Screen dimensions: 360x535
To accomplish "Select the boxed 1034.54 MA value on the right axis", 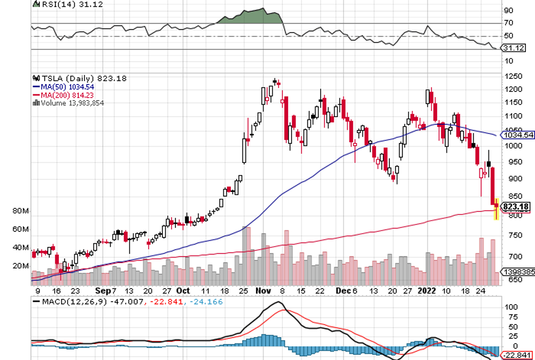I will pyautogui.click(x=518, y=135).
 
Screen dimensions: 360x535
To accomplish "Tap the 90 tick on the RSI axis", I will pyautogui.click(x=508, y=10).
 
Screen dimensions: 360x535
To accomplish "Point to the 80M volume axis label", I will pyautogui.click(x=21, y=211).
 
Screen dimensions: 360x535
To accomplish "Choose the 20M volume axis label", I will pyautogui.click(x=21, y=266).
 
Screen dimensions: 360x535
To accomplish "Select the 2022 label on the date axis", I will pyautogui.click(x=428, y=290).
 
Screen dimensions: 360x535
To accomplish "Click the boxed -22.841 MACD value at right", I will pyautogui.click(x=517, y=355).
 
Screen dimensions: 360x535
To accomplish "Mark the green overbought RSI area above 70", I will pyautogui.click(x=251, y=17).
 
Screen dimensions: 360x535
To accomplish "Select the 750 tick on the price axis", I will pyautogui.click(x=510, y=235).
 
